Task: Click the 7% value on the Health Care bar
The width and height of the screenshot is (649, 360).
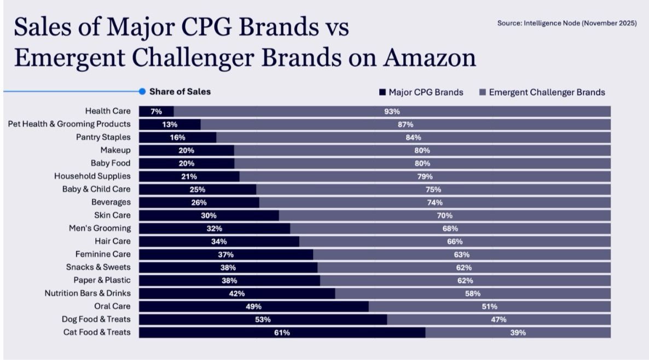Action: pos(156,112)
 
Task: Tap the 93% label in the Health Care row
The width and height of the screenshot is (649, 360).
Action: pos(392,112)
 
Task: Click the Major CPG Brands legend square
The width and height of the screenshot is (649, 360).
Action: pos(383,92)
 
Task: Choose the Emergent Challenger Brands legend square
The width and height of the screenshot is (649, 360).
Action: pos(482,92)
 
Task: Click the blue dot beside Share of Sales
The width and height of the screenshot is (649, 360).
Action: pos(142,92)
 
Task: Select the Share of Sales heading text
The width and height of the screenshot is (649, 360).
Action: pos(179,92)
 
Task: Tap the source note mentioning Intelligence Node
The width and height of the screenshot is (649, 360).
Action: pos(566,24)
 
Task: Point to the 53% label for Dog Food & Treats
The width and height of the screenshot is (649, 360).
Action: pos(263,320)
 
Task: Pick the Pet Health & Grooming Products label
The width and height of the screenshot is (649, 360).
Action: pos(69,124)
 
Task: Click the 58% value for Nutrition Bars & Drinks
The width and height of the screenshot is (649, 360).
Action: pos(473,293)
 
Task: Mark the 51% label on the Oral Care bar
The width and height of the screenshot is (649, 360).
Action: pos(489,306)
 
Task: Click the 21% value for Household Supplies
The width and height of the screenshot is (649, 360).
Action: pos(189,176)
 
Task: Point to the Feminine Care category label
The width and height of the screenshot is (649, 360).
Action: pos(103,254)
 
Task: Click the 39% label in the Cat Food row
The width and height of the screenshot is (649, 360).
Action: pos(518,333)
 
